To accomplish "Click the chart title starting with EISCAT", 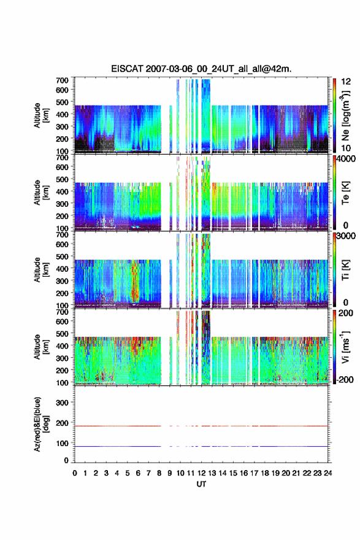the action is (201, 69).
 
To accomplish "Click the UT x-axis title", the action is (201, 484).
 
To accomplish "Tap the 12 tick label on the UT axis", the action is (201, 473).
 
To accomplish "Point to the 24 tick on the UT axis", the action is (327, 473).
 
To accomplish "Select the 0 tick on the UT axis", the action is (75, 473).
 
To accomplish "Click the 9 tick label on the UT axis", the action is (170, 473).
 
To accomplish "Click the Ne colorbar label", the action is (345, 116).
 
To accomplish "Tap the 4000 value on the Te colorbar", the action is (347, 159).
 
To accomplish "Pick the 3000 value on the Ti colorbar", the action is (347, 236).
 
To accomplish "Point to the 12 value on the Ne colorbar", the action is (347, 82).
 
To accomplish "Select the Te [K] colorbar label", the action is (345, 193).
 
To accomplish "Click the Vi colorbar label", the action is (345, 347).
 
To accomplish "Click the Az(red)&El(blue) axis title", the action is (41, 424).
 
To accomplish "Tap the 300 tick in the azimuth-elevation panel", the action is (63, 403).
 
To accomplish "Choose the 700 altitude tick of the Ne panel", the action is (63, 80).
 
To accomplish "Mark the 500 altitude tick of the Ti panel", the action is (63, 256).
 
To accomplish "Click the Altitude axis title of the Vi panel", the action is (41, 347).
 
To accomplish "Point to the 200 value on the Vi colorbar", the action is (347, 313).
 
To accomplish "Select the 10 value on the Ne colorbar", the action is (347, 148).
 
